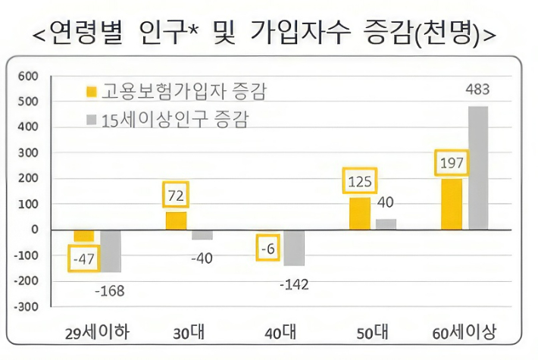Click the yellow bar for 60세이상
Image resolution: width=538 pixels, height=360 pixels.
pyautogui.click(x=452, y=204)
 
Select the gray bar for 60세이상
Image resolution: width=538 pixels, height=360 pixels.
pyautogui.click(x=478, y=167)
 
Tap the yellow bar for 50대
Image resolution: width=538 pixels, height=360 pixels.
pyautogui.click(x=360, y=214)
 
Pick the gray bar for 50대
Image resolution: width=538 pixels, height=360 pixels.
pyautogui.click(x=386, y=224)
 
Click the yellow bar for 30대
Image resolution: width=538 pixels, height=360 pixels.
pyautogui.click(x=177, y=221)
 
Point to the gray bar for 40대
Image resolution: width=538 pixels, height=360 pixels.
pyautogui.click(x=294, y=248)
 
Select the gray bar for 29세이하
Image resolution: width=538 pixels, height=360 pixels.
pyautogui.click(x=111, y=251)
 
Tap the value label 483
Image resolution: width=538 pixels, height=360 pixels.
pyautogui.click(x=477, y=90)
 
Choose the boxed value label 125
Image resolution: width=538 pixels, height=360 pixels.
pyautogui.click(x=360, y=182)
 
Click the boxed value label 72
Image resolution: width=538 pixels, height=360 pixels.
pyautogui.click(x=177, y=196)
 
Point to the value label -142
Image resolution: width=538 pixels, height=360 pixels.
pyautogui.click(x=293, y=284)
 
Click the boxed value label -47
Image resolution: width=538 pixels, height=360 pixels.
pyautogui.click(x=84, y=260)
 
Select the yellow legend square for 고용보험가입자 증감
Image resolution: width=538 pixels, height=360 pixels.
pyautogui.click(x=92, y=93)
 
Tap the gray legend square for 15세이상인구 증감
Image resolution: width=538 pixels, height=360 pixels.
pyautogui.click(x=92, y=121)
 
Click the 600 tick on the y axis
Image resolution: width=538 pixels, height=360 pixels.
pyautogui.click(x=28, y=77)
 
